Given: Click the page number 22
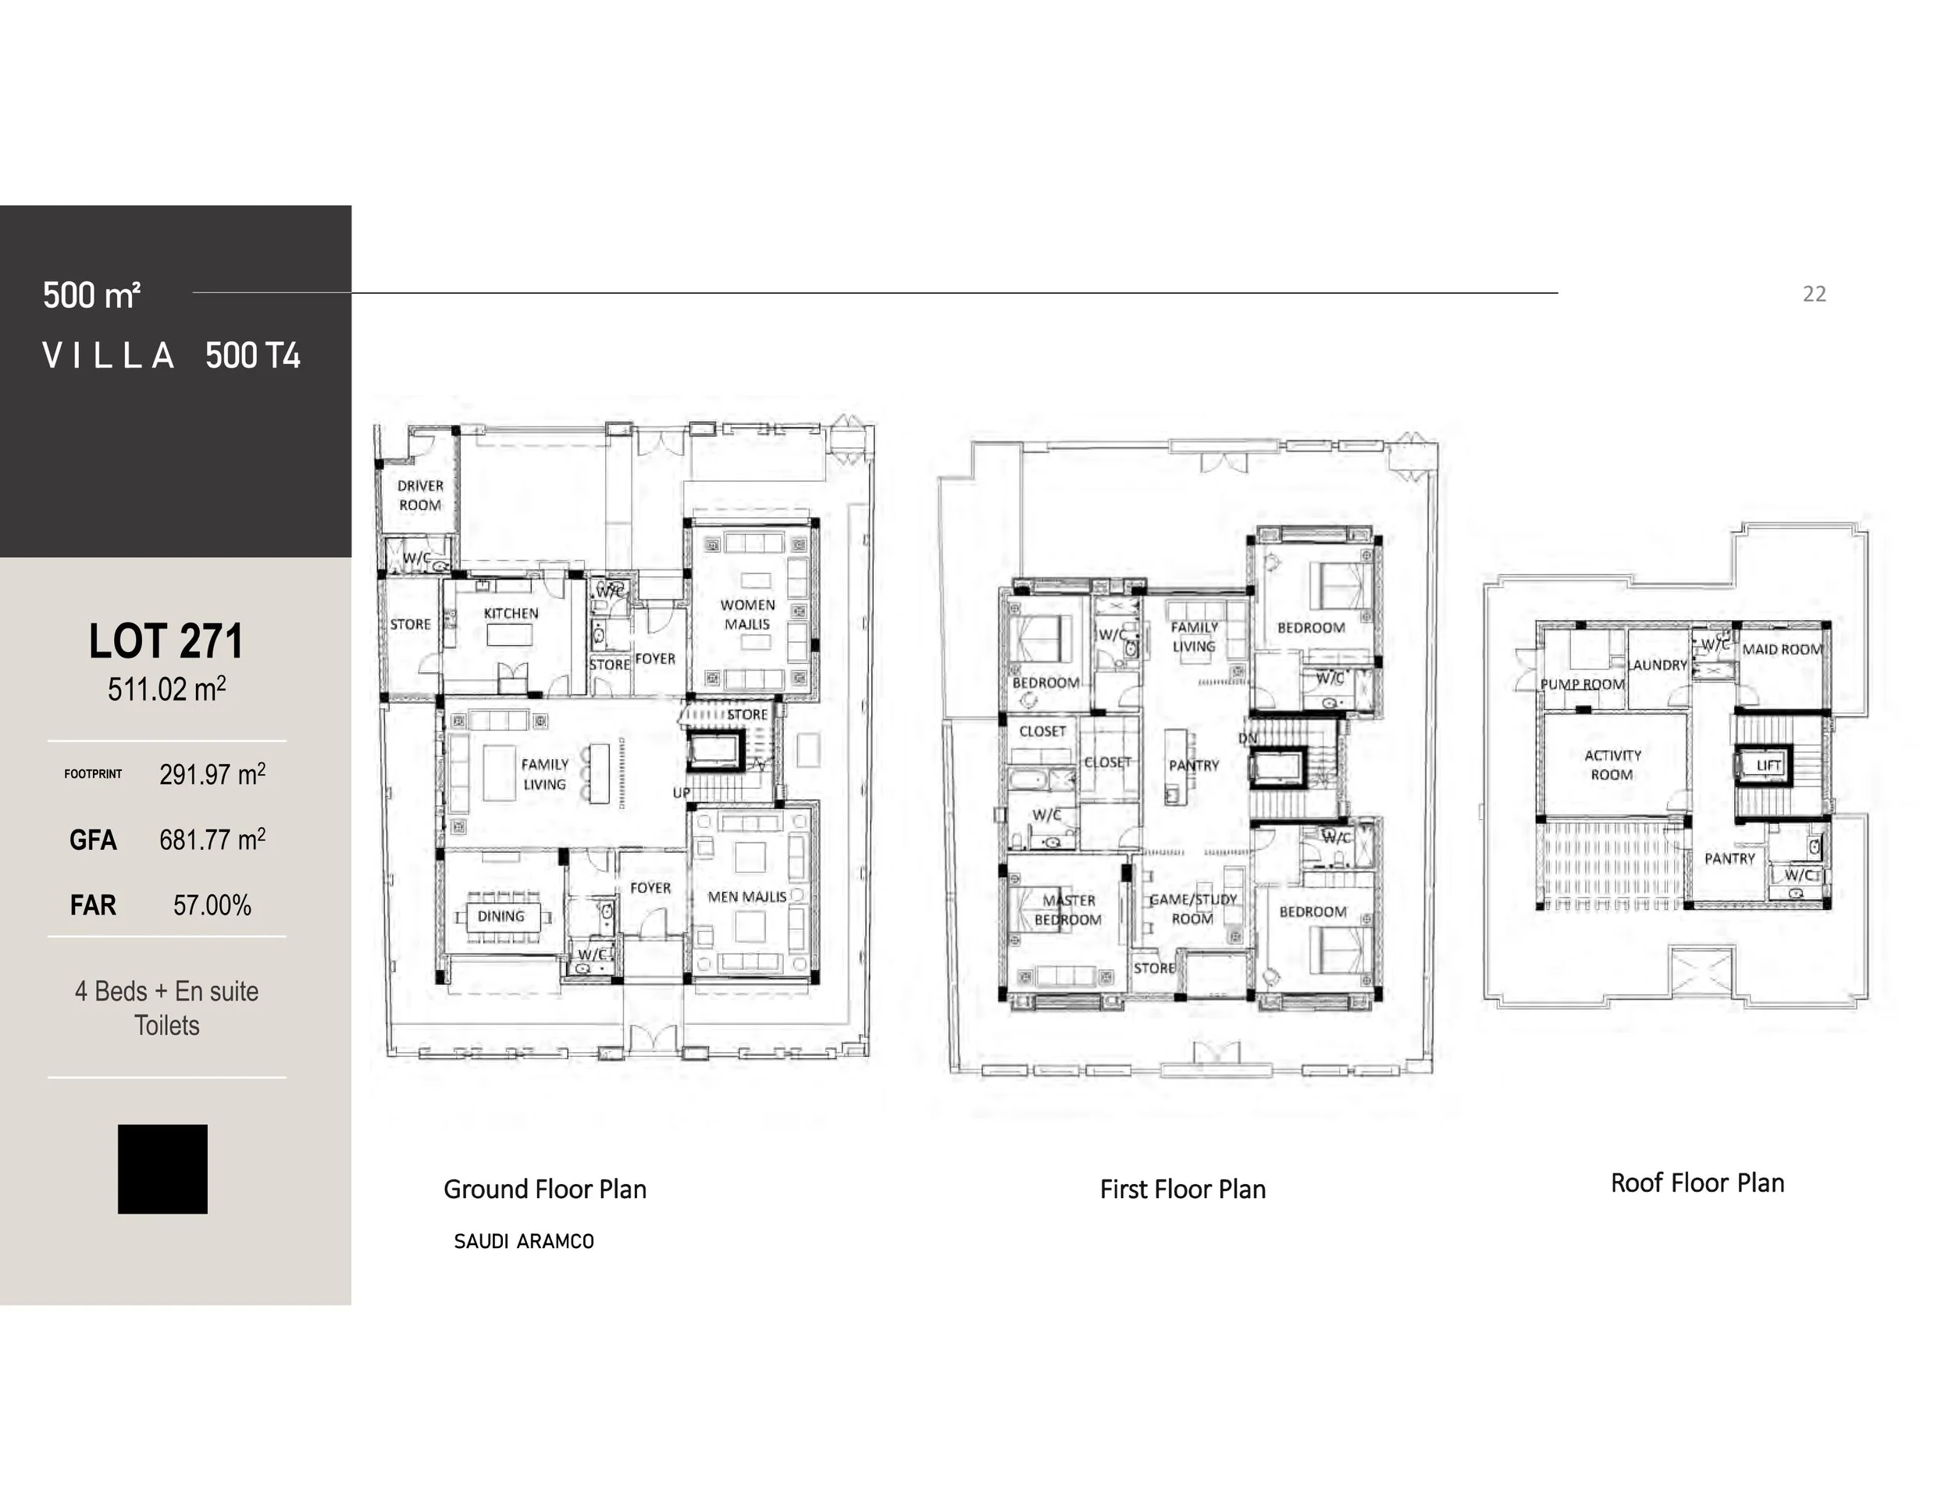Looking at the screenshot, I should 1814,294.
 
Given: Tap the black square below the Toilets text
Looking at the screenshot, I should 162,1168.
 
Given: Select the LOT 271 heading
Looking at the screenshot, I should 166,641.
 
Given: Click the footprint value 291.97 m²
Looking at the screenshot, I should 212,774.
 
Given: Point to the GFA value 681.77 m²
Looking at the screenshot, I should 212,840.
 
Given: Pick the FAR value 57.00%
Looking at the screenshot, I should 212,904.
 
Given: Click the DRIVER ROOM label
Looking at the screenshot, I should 420,495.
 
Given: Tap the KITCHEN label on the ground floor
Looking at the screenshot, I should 511,613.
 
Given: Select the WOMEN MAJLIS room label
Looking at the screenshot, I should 747,614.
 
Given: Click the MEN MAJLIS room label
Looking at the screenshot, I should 747,897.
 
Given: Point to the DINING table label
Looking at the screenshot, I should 500,916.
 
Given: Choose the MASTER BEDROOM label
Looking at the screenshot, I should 1068,910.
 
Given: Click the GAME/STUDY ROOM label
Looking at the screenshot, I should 1192,909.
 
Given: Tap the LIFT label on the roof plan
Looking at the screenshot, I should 1768,765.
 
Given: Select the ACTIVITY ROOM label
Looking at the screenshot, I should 1612,765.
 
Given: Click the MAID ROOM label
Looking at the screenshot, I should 1781,649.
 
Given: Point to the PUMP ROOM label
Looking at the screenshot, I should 1582,684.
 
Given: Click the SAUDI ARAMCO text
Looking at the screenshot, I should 524,1242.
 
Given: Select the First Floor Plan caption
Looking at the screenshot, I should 1182,1190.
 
